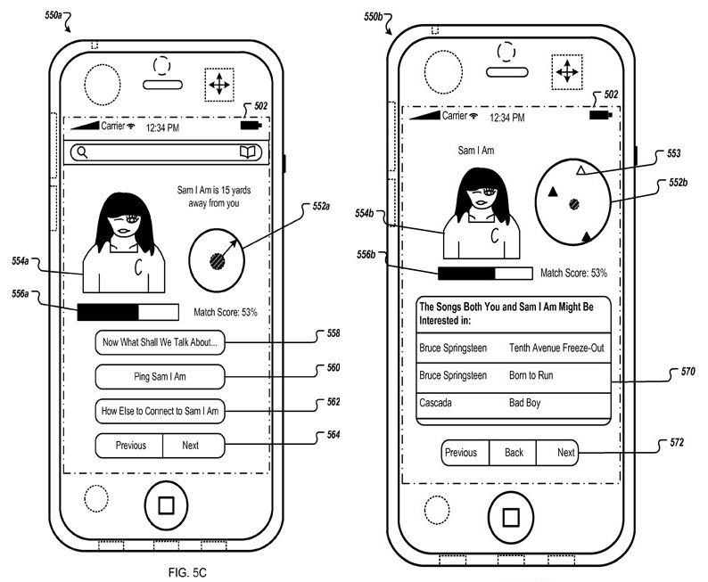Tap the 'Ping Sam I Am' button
(161, 377)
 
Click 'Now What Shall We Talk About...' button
(161, 342)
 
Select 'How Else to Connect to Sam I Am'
(161, 411)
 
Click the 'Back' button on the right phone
(514, 453)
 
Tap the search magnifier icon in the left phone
(83, 152)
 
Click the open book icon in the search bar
(247, 152)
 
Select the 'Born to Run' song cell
(531, 375)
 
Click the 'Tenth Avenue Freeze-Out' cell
(556, 348)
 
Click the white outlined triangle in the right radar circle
(580, 169)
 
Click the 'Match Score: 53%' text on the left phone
(226, 312)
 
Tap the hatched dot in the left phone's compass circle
(216, 261)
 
